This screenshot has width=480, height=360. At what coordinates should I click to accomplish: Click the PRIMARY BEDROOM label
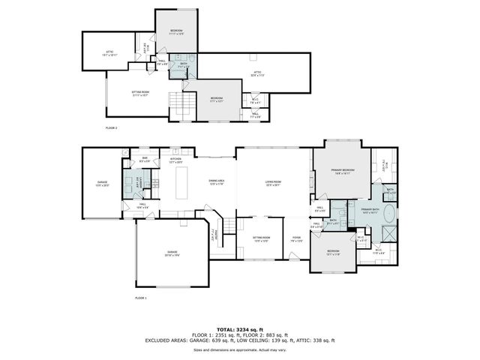[343, 172]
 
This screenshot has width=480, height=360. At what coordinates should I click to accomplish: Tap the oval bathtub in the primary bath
[390, 220]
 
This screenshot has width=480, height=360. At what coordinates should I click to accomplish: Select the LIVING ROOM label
[272, 183]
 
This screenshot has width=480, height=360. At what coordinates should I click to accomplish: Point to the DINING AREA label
[217, 182]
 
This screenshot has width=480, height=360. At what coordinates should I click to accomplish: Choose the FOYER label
[297, 239]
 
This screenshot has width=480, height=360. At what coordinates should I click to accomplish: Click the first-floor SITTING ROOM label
[260, 239]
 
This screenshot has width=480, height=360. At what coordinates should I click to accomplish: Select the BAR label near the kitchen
[145, 160]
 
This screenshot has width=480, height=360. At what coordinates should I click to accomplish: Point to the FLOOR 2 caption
[111, 128]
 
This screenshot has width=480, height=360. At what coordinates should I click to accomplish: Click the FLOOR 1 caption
[141, 298]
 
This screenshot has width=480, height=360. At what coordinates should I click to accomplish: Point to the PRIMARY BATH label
[370, 211]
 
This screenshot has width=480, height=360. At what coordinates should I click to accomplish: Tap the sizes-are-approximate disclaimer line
[240, 349]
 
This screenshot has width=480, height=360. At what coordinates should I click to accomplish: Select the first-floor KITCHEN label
[175, 160]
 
